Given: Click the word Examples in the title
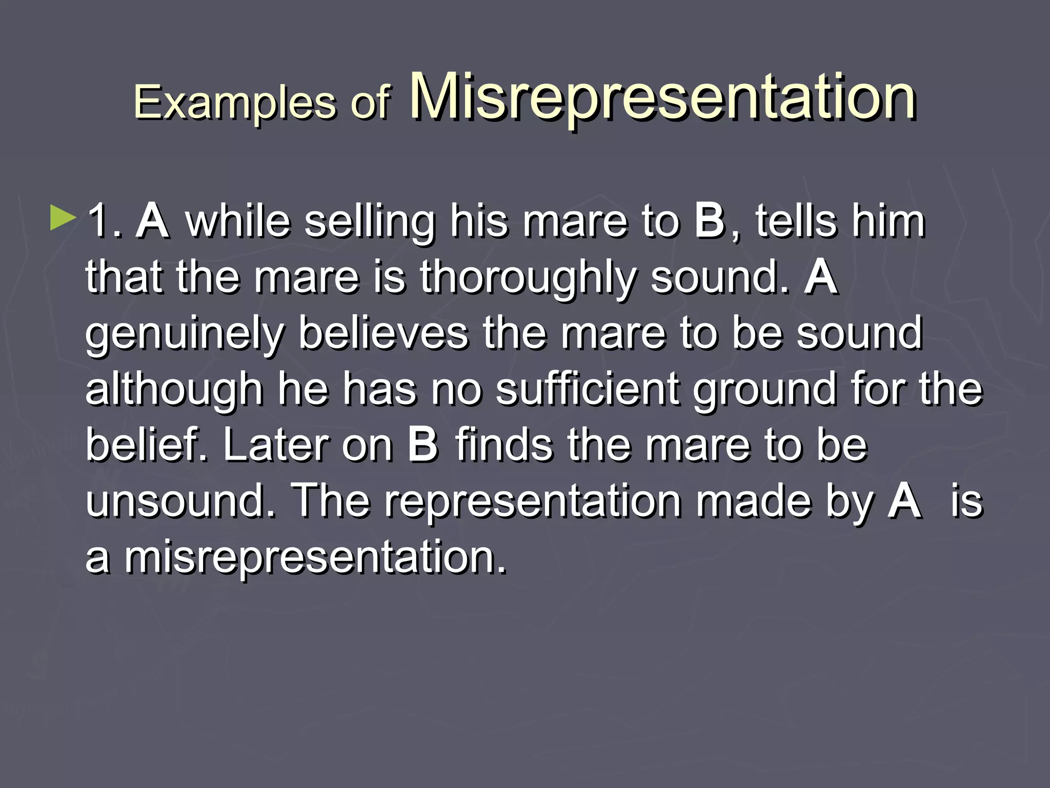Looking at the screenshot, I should (x=235, y=103).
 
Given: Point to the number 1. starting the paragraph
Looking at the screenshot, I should (x=105, y=222).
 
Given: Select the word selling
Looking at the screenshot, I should (x=369, y=222).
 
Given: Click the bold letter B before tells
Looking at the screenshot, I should (x=710, y=222).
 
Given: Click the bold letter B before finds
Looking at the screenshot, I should (x=423, y=445).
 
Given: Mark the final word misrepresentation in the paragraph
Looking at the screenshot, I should (x=314, y=556).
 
